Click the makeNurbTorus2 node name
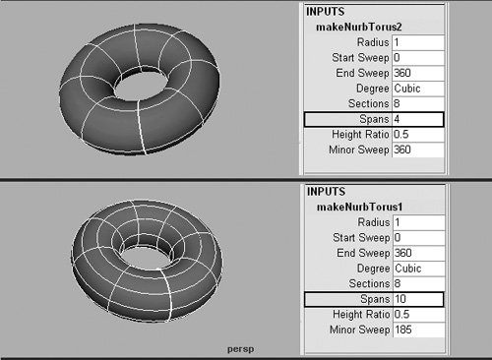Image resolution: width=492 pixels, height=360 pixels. pos(359,27)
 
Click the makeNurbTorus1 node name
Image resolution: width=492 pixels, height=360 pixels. pos(359,207)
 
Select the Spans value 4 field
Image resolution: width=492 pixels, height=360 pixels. pos(418,119)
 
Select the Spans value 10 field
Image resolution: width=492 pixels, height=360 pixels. pos(418,299)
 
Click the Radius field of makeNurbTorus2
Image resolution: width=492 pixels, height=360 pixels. pos(418,42)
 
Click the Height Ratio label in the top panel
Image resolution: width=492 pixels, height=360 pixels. pos(360,135)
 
